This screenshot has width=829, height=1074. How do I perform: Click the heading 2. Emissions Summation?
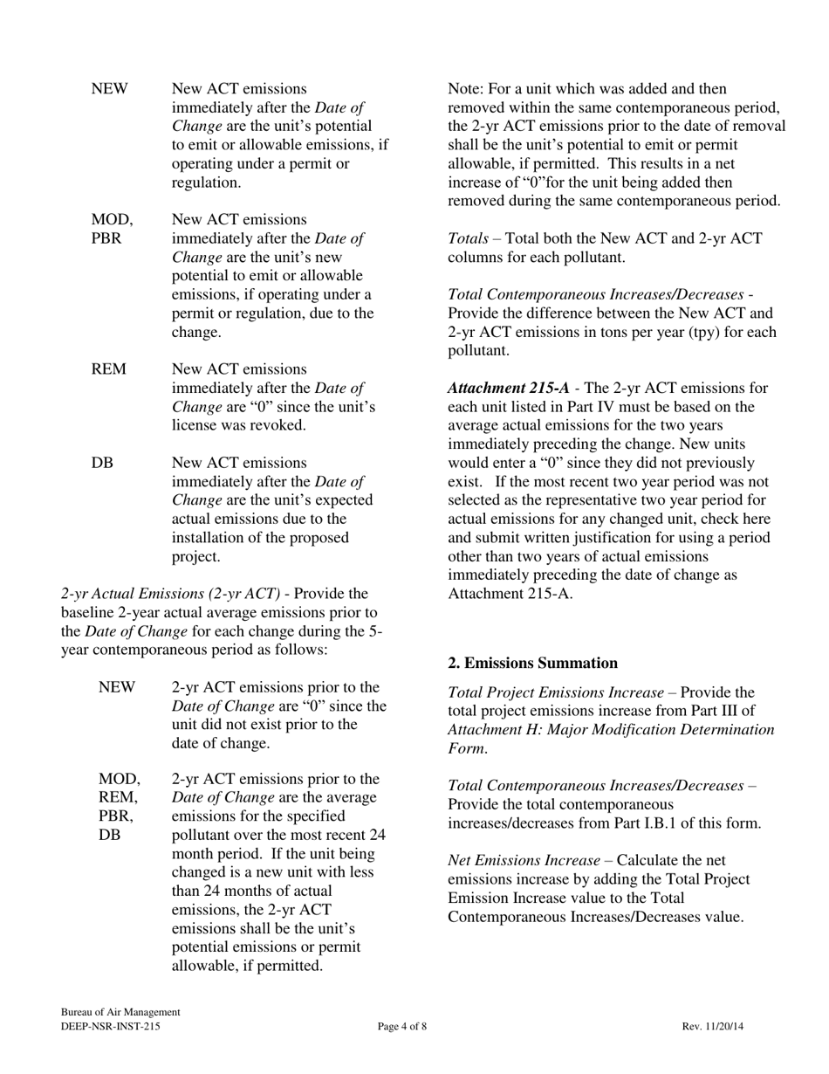[x=532, y=663]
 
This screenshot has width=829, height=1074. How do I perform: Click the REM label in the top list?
[x=108, y=369]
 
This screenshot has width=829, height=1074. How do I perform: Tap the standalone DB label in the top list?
[x=101, y=462]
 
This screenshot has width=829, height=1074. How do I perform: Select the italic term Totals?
[x=468, y=238]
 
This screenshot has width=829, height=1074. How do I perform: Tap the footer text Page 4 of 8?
[x=402, y=1027]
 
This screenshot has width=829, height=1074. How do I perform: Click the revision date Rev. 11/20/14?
[x=712, y=1027]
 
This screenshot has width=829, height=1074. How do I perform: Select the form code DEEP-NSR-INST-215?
[x=110, y=1027]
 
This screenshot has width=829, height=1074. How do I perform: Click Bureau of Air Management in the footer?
[x=120, y=1012]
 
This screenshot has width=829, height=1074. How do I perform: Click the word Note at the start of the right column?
[x=465, y=89]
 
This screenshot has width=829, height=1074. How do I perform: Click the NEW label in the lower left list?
[x=117, y=687]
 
